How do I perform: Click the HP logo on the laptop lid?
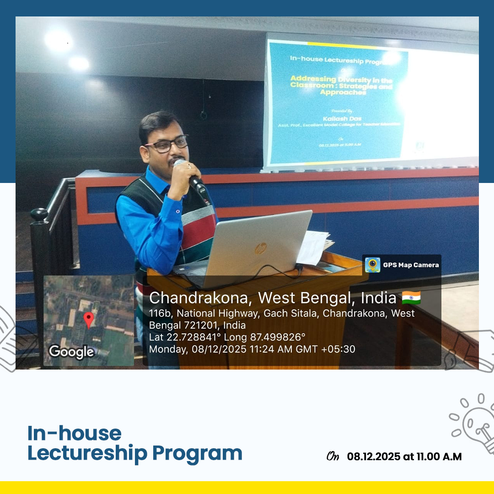(260, 249)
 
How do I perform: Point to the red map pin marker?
(89, 319)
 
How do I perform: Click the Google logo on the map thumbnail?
(71, 352)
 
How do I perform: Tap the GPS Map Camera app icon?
(372, 265)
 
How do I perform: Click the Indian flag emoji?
(411, 298)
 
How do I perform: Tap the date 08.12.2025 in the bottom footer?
(373, 456)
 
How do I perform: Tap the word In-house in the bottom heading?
(75, 433)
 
